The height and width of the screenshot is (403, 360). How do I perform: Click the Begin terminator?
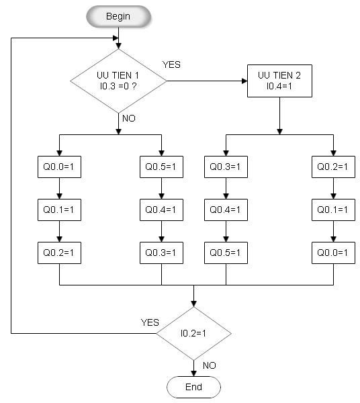pyautogui.click(x=118, y=16)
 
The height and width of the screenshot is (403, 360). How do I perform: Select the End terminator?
pyautogui.click(x=193, y=387)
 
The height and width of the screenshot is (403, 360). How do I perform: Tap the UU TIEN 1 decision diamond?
pyautogui.click(x=118, y=81)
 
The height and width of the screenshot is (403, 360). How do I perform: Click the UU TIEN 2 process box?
pyautogui.click(x=279, y=81)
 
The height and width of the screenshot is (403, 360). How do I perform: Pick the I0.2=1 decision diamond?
pyautogui.click(x=193, y=333)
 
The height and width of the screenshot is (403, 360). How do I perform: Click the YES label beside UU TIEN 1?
pyautogui.click(x=171, y=64)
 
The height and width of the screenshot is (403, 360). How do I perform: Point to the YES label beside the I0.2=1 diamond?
pyautogui.click(x=150, y=322)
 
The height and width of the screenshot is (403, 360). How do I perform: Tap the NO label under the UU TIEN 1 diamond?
pyautogui.click(x=129, y=118)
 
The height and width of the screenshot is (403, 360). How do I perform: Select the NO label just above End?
pyautogui.click(x=209, y=365)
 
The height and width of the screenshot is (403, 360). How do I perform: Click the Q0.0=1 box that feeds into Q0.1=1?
pyautogui.click(x=59, y=167)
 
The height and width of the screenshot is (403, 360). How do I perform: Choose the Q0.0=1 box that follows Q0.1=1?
pyautogui.click(x=333, y=253)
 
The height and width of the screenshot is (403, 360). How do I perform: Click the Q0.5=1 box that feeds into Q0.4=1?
pyautogui.click(x=161, y=167)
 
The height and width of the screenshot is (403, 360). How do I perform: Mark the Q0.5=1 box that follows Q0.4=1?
pyautogui.click(x=226, y=253)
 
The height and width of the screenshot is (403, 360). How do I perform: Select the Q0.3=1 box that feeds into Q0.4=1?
pyautogui.click(x=226, y=167)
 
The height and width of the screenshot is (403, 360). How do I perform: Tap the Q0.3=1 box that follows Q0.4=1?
pyautogui.click(x=161, y=253)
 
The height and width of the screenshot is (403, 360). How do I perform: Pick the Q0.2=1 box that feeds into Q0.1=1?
pyautogui.click(x=333, y=167)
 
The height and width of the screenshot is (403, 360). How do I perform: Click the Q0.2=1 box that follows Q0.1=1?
pyautogui.click(x=59, y=253)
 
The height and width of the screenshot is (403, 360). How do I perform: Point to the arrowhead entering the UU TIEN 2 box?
pyautogui.click(x=244, y=81)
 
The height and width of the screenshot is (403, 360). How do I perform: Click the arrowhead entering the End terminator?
pyautogui.click(x=193, y=373)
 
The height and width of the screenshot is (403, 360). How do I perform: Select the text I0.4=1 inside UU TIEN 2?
pyautogui.click(x=279, y=86)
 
